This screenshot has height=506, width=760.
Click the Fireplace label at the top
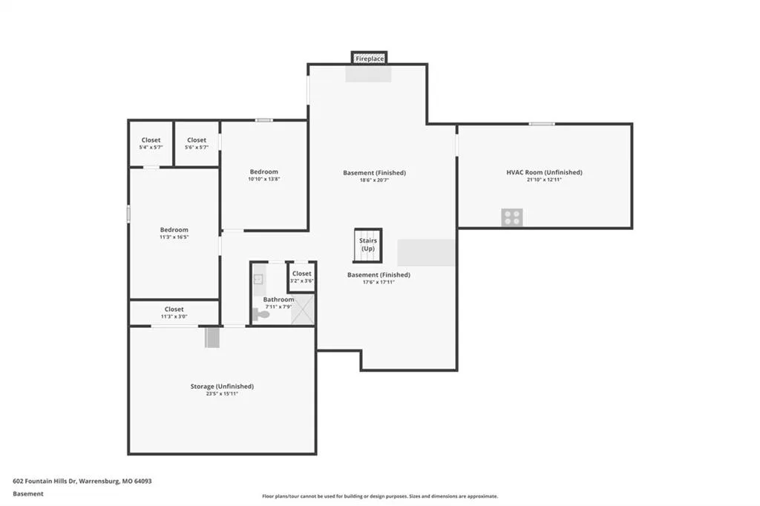pos(370,59)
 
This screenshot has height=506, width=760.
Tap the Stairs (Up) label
pos(368,244)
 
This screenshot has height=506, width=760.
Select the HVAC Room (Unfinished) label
pos(544,172)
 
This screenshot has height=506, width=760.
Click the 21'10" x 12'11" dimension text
pos(544,180)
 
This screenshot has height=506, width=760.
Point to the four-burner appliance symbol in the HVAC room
pos(512,217)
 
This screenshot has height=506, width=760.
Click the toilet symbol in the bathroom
pos(261,315)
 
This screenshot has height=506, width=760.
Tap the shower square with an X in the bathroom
pos(303,309)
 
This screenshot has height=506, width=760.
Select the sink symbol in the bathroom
pos(258,279)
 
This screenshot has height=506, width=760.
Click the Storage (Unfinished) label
pos(222,387)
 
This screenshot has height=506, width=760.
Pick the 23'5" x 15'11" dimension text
pos(222,394)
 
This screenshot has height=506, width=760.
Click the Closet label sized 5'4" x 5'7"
pos(151,140)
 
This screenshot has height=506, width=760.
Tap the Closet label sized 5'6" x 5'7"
pos(197,140)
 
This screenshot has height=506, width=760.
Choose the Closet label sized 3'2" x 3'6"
pos(301,273)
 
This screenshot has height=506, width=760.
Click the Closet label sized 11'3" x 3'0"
pos(174,309)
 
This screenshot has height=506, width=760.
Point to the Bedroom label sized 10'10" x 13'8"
pos(264,171)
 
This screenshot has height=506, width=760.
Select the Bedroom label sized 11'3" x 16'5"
pos(174,230)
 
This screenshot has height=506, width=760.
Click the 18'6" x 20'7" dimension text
pos(374,180)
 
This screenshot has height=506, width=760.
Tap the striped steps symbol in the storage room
pos(212,338)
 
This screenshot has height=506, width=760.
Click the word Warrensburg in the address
pos(99,482)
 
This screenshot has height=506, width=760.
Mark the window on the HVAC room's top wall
pos(542,124)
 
